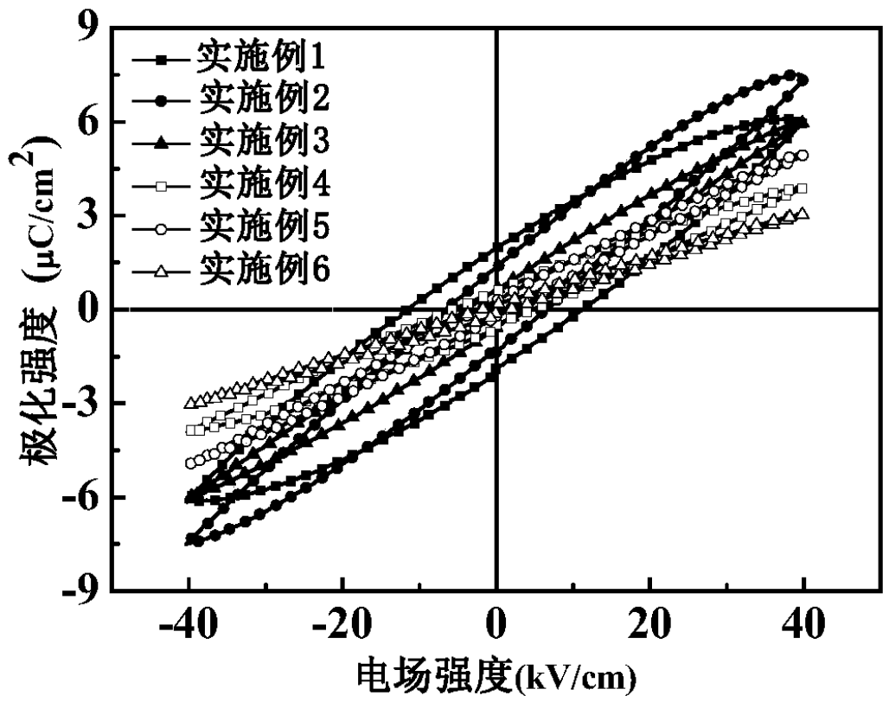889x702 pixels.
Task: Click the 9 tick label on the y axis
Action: pos(89,29)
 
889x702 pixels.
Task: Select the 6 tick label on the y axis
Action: pos(89,122)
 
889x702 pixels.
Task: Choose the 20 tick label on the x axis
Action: pos(650,623)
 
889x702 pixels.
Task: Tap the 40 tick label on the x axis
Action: pos(805,623)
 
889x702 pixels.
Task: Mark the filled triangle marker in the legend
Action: pos(160,139)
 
